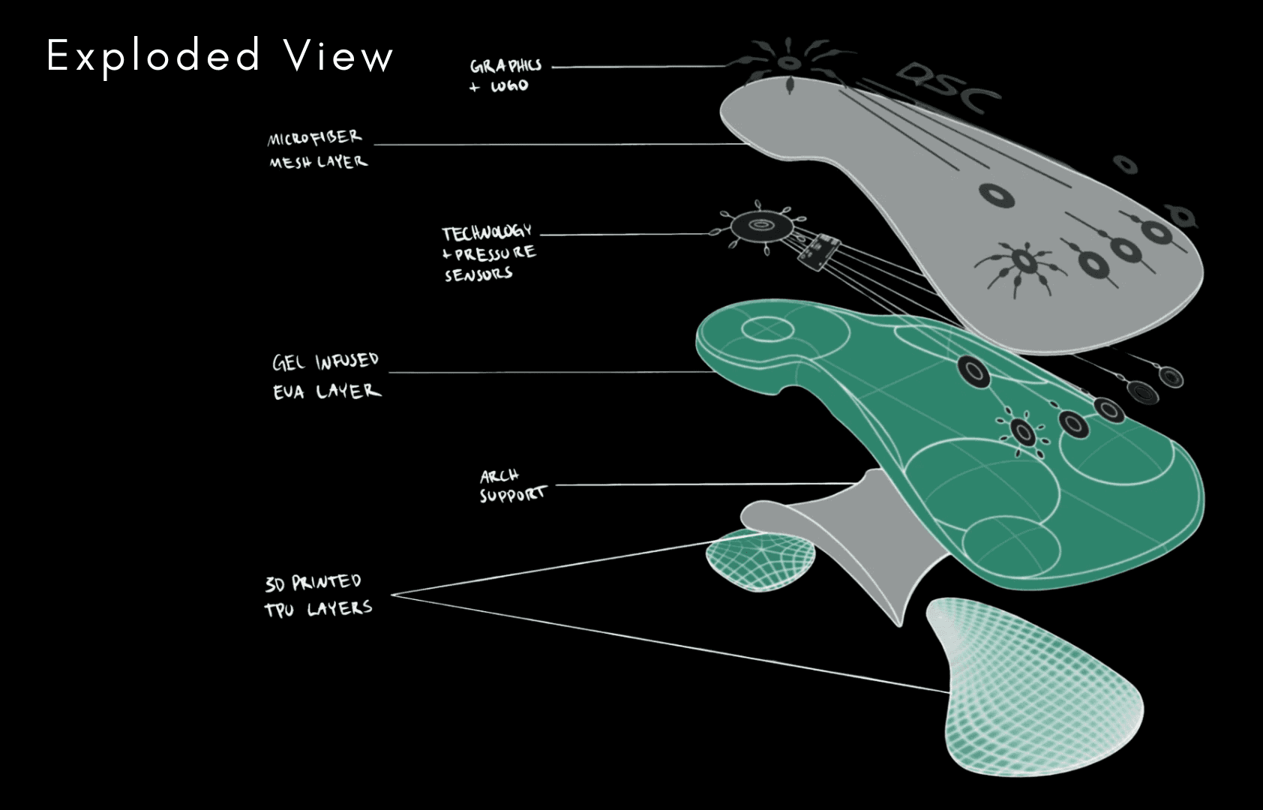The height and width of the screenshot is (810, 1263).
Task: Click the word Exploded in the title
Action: pyautogui.click(x=154, y=55)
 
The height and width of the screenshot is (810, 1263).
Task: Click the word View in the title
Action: pyautogui.click(x=339, y=55)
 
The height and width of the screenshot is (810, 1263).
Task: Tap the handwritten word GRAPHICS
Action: pyautogui.click(x=505, y=66)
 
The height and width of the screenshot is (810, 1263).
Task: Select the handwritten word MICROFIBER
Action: pyautogui.click(x=314, y=138)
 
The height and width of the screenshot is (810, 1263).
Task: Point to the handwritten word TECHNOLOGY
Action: pyautogui.click(x=487, y=232)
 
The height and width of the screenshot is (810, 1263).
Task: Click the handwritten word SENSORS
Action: pyautogui.click(x=478, y=274)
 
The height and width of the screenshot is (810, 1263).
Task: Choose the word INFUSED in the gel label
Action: pyautogui.click(x=346, y=361)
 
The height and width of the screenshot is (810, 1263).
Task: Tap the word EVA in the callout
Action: pyautogui.click(x=289, y=391)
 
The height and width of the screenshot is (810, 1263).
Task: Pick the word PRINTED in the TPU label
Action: pyautogui.click(x=326, y=582)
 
